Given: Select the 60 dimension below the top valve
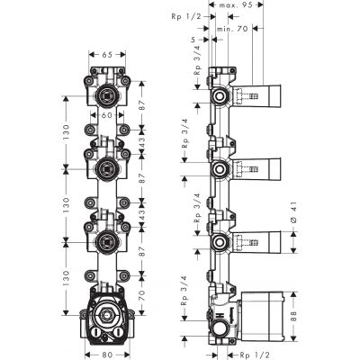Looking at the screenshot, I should [x=106, y=115].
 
